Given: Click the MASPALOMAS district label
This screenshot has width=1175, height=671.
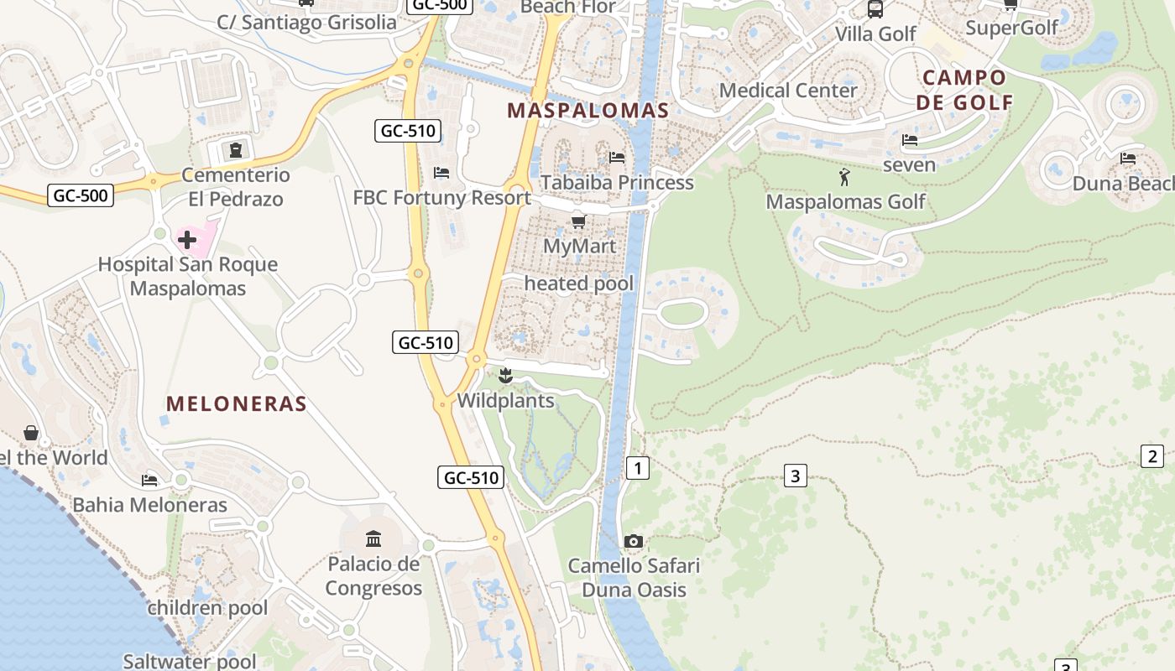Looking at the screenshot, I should [x=587, y=111].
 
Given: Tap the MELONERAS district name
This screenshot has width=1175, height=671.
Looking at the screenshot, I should [x=236, y=403].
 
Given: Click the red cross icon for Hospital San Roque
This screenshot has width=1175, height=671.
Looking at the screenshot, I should [x=186, y=240].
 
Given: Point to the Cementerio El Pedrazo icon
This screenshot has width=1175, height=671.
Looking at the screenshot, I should [x=236, y=150].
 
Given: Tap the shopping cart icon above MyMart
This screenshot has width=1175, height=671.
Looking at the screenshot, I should [x=578, y=222].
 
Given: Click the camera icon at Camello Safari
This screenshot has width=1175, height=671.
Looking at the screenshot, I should [x=634, y=542].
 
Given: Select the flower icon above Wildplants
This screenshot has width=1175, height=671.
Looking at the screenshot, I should [x=505, y=376].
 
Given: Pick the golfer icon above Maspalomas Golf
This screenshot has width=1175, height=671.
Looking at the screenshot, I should [x=844, y=177].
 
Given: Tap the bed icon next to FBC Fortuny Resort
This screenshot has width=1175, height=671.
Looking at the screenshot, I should [x=441, y=173].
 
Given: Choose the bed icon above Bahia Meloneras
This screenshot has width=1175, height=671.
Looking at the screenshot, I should [x=149, y=480].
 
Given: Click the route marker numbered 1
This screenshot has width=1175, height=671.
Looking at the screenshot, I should [x=638, y=468].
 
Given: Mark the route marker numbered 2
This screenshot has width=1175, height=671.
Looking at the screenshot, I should [x=1152, y=456].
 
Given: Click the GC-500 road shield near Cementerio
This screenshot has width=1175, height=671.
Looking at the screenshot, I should [x=81, y=195].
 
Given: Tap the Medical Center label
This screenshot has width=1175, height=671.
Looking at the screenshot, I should [x=788, y=90].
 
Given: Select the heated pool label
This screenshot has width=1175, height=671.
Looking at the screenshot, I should [x=579, y=283].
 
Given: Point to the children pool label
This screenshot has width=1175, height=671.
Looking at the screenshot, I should [x=207, y=608].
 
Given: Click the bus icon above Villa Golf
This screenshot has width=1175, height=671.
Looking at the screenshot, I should [x=875, y=9].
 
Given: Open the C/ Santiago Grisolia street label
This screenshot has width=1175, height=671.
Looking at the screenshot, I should [x=306, y=23].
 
